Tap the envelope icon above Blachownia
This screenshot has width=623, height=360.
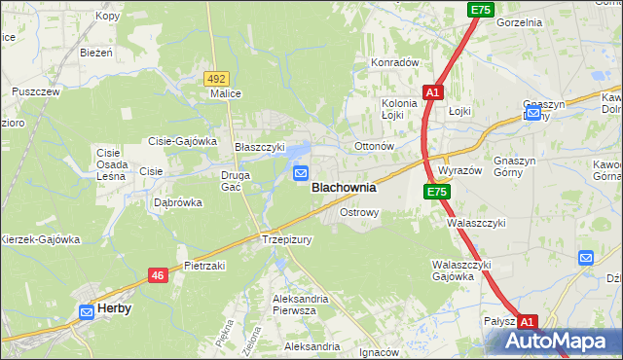point(301,173)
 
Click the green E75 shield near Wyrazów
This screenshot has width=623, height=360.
point(437,193)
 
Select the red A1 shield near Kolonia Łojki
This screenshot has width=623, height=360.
point(433,92)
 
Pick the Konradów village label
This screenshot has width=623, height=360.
point(394,62)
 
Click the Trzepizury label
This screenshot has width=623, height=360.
point(286,239)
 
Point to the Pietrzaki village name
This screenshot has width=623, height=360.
point(204,265)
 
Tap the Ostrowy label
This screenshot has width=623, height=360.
point(358,211)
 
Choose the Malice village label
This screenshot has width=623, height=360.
point(226,94)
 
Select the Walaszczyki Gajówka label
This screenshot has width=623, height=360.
point(462,270)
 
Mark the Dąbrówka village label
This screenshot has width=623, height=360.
point(177,203)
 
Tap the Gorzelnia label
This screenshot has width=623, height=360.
point(519,21)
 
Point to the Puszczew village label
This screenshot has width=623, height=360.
point(36,91)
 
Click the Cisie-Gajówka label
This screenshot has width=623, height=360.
point(182,141)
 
